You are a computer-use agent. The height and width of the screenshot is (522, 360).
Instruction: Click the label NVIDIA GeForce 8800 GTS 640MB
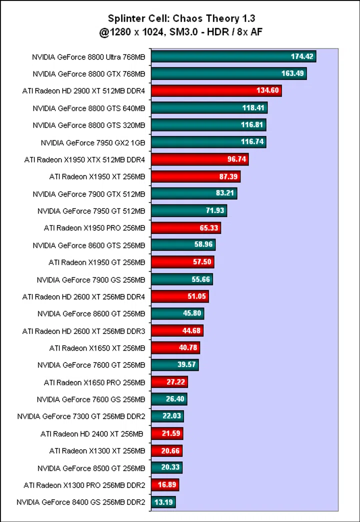[89, 108]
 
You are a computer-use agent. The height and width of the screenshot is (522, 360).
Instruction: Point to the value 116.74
[252, 142]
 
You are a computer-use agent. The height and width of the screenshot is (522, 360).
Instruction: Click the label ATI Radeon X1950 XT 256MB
[97, 176]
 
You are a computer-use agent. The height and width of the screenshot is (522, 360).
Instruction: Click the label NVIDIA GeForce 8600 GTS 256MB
[89, 245]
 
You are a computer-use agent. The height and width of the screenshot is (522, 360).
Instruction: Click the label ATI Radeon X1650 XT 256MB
[97, 348]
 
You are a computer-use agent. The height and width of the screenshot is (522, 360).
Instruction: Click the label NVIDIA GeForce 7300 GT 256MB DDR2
[81, 416]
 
